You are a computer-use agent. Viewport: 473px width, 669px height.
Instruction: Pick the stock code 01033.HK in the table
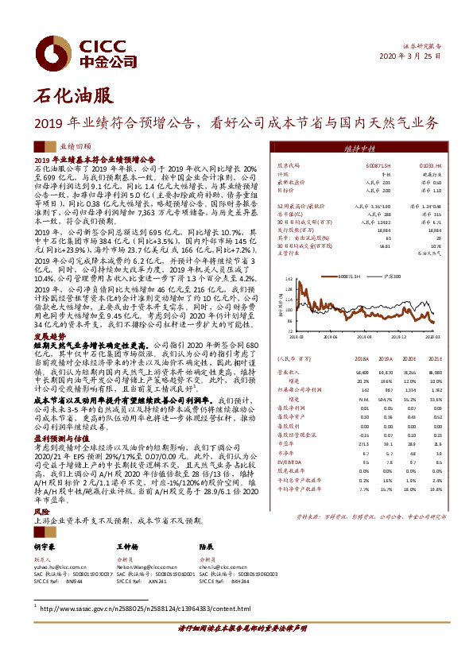417,164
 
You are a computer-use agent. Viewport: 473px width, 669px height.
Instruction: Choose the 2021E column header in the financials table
432,359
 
